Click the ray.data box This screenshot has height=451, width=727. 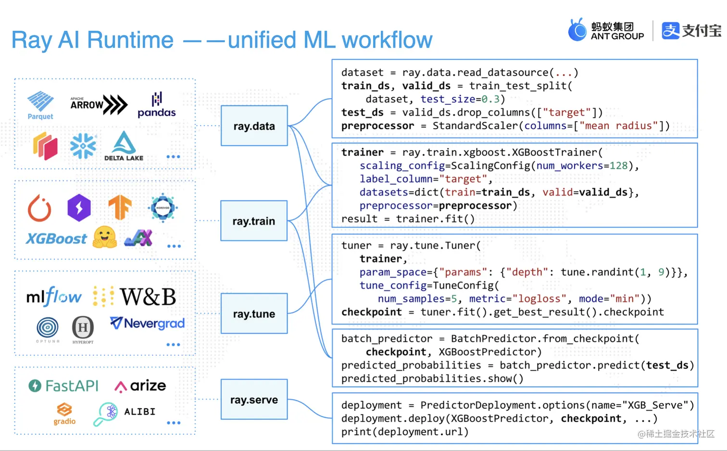[254, 126]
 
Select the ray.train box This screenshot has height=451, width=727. [254, 221]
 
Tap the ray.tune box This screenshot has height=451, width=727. [254, 314]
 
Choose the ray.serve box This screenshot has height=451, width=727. [254, 400]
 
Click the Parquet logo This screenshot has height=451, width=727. [40, 105]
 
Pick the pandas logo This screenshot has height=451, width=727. [157, 105]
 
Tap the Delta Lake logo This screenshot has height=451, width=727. [124, 146]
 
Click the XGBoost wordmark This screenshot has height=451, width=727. [56, 238]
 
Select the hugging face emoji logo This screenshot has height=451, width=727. [105, 237]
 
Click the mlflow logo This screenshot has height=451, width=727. [54, 297]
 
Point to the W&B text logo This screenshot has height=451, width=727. [148, 297]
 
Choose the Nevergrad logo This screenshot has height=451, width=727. [148, 323]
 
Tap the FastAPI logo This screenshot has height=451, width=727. [63, 386]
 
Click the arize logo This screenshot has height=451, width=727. [140, 386]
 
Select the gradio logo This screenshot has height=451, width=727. [64, 414]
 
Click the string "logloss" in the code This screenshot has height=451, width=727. [539, 299]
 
